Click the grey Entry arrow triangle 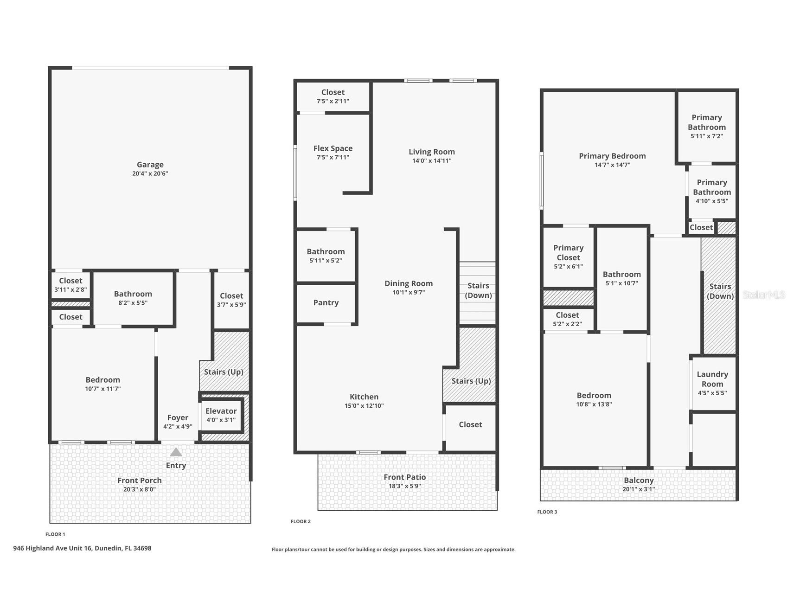tap(176, 452)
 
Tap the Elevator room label tap(221, 411)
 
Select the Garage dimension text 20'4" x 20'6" tap(150, 173)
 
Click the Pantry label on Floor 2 tap(326, 302)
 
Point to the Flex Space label tap(333, 148)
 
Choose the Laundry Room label tap(712, 379)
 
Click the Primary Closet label tap(569, 252)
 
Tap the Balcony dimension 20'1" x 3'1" tap(639, 489)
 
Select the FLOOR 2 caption tap(301, 521)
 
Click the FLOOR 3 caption tap(547, 512)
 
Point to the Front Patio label tap(405, 477)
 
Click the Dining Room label tap(409, 283)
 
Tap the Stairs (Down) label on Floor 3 tap(720, 291)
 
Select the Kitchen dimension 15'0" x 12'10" tap(364, 405)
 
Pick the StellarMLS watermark tap(763, 295)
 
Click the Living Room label tap(432, 152)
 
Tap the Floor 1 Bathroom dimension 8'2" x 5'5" tap(133, 303)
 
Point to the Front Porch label tap(140, 481)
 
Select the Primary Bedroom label tap(612, 156)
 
